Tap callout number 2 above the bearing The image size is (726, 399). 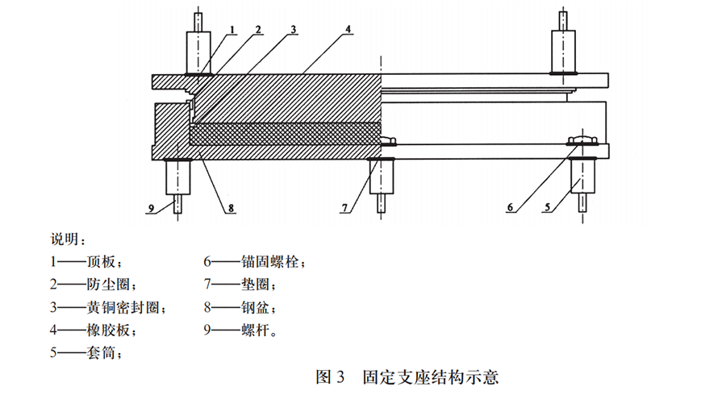pos(259,30)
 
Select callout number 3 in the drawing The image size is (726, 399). pos(294,30)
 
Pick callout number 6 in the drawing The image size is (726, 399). pos(510,207)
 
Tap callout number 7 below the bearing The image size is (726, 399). pos(344,208)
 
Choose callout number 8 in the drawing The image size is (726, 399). pos(231,208)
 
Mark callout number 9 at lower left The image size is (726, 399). pos(150,208)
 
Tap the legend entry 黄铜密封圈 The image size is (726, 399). pos(123,307)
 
